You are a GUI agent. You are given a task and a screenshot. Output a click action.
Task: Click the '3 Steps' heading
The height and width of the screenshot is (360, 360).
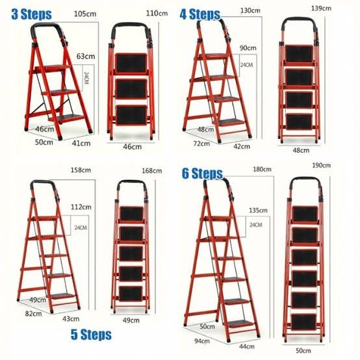(25, 14)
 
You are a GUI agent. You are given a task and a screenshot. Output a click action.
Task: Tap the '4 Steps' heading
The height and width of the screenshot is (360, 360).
(201, 14)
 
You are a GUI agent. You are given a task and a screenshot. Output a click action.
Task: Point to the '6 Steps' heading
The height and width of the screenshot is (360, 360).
(202, 174)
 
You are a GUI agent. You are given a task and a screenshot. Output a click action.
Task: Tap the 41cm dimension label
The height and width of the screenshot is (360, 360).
(81, 142)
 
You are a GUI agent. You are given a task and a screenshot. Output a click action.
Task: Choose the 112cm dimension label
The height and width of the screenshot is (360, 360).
(81, 208)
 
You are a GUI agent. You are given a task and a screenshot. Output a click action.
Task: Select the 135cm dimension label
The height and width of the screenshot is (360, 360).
(259, 210)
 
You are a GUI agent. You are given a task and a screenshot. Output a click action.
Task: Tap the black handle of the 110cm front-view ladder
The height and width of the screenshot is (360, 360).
(133, 29)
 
